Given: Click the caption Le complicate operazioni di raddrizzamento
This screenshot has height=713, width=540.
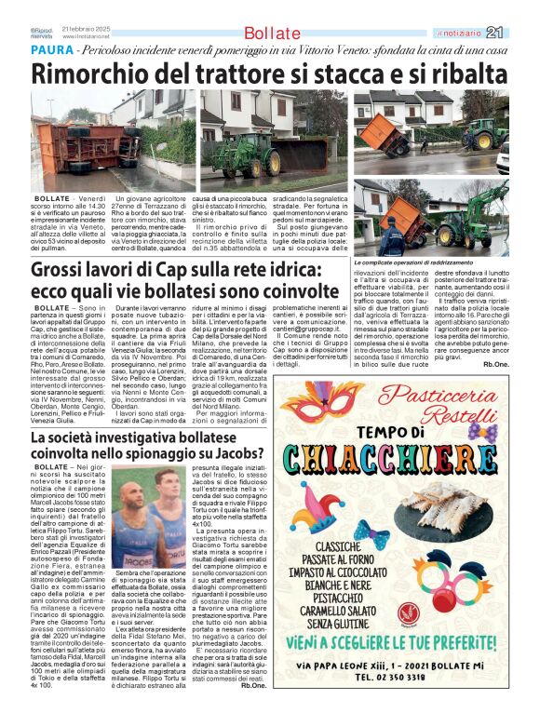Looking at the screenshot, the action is pos(415,265).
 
